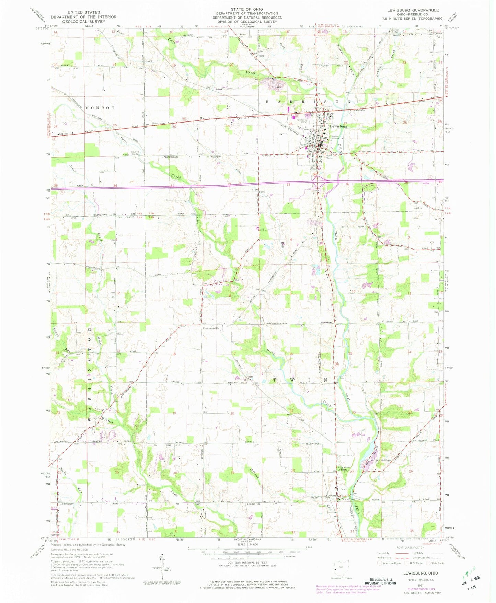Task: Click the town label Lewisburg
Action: (x=339, y=126)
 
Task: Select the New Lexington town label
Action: (x=349, y=499)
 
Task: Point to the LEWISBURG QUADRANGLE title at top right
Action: (x=419, y=10)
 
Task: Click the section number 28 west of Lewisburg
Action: (x=290, y=124)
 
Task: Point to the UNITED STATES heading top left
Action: (x=84, y=12)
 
